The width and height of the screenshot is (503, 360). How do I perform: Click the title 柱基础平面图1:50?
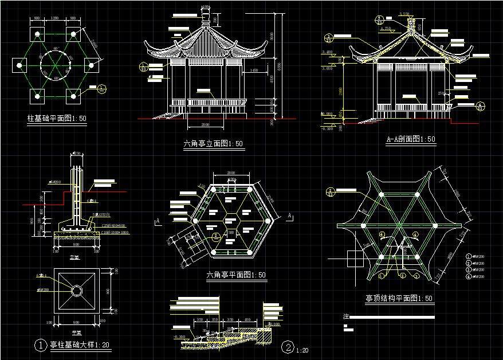pos(57,119)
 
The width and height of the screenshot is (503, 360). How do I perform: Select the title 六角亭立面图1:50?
pos(213,144)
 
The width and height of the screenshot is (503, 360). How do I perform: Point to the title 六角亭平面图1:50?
pos(235,275)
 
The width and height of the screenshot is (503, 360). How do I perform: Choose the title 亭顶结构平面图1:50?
pos(399,299)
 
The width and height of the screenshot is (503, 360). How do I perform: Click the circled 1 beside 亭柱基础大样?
pos(41,345)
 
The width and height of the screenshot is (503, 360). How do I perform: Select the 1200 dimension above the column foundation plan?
pos(55,19)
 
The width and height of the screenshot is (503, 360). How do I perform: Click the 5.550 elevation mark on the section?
pos(404,14)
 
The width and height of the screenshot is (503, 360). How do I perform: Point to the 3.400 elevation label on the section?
pos(328,52)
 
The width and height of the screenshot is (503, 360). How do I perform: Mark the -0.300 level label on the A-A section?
pos(327,128)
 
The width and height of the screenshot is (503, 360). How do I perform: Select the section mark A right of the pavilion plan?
pos(290,215)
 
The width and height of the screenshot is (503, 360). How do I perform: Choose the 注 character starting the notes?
pos(345,316)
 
